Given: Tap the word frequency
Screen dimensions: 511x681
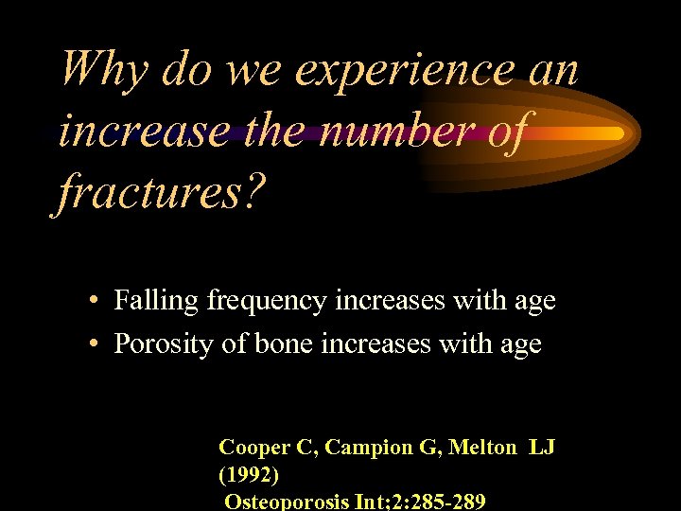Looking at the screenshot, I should pos(258,302).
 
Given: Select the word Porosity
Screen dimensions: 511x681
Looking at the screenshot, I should pos(164,344).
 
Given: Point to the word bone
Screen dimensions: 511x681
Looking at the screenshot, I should pos(283,344).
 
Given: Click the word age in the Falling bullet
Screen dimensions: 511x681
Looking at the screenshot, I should pos(533,302).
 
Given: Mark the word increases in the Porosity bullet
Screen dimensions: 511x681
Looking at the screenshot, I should pos(377,344).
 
